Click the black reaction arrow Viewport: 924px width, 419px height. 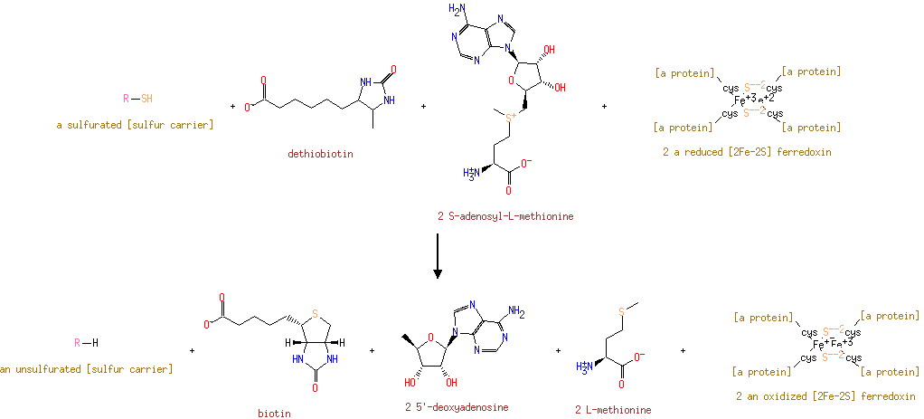tap(437, 256)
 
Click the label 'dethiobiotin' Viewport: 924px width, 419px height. tap(320, 154)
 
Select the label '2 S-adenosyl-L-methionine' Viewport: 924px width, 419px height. tap(504, 216)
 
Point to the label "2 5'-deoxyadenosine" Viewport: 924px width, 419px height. tap(457, 407)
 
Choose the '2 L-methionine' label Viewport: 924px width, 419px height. tap(613, 410)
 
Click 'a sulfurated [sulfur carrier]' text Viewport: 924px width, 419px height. tap(135, 124)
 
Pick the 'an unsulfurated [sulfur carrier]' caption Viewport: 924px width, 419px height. tap(86, 368)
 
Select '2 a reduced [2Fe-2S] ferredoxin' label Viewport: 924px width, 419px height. tap(747, 152)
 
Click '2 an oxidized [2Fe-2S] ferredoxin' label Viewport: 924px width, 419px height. tap(825, 396)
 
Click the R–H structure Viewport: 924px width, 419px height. tap(86, 343)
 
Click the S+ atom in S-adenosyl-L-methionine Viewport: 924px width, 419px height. tap(511, 117)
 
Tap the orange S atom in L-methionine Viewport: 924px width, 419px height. tap(621, 312)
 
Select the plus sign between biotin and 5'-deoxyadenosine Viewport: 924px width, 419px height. tap(372, 350)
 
